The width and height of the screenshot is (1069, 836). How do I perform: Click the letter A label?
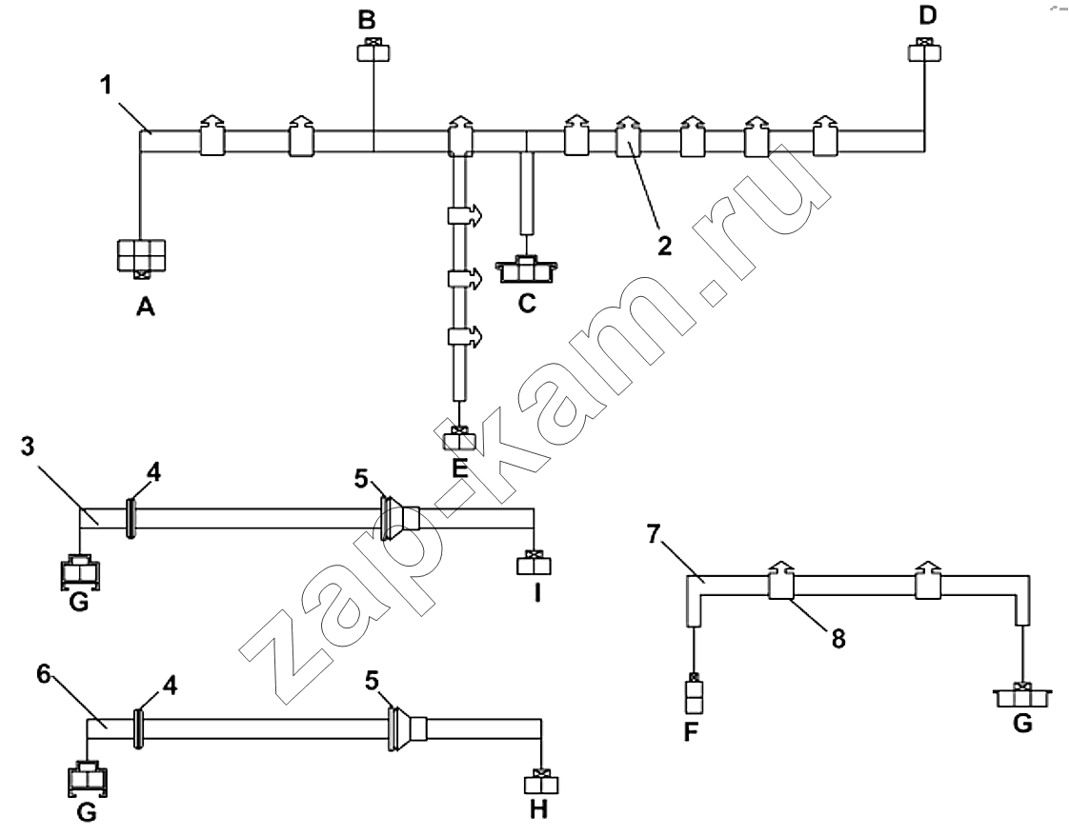[x=145, y=308]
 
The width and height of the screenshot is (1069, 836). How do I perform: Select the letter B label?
[x=367, y=20]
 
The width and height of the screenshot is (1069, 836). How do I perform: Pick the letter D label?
[x=928, y=15]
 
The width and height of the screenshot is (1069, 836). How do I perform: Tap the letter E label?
[x=460, y=468]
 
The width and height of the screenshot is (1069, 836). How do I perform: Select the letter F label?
[x=692, y=733]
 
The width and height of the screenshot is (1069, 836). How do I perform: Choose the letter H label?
[x=538, y=809]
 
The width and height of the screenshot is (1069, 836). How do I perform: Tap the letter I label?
[x=537, y=594]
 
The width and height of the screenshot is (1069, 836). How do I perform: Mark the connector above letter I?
[x=534, y=563]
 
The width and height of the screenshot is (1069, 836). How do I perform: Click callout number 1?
[x=106, y=85]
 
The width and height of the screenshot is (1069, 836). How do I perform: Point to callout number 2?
[x=665, y=246]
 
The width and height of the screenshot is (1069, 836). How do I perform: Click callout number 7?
[x=654, y=535]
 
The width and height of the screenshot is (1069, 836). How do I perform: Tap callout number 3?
[x=28, y=447]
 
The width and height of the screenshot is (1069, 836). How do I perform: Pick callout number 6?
[x=44, y=674]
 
